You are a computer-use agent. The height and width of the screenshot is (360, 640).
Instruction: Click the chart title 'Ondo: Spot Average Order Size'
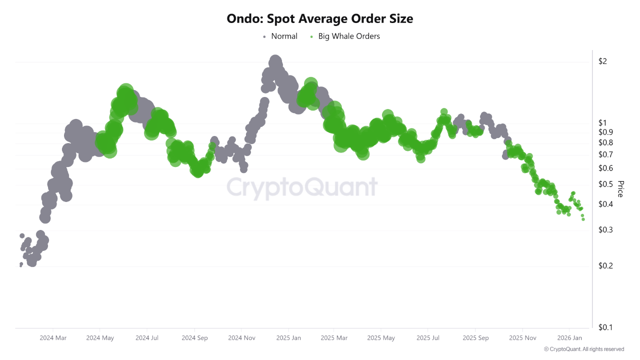tap(320, 19)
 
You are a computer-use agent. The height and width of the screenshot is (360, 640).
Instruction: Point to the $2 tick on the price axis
tap(602, 61)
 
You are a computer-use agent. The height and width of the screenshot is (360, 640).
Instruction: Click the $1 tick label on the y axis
tap(602, 123)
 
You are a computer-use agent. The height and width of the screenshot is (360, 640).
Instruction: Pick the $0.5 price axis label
tap(605, 184)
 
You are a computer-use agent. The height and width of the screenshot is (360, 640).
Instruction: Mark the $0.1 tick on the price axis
tap(605, 327)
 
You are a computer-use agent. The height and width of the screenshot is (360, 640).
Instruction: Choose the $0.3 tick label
tap(605, 230)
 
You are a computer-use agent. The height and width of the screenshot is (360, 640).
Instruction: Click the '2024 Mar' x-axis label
tap(53, 338)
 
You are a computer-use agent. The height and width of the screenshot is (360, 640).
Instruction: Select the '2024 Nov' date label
tap(241, 338)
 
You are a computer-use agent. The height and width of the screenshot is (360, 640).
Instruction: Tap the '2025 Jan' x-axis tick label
tap(288, 338)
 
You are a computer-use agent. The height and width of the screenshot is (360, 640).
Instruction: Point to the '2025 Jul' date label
tap(429, 338)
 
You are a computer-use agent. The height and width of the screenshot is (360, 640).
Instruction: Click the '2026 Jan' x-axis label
tap(570, 338)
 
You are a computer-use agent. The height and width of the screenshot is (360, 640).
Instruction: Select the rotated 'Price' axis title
tap(620, 189)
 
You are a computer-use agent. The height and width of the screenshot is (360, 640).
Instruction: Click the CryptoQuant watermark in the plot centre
tap(302, 187)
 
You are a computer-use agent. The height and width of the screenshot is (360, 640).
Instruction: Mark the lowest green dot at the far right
tap(583, 219)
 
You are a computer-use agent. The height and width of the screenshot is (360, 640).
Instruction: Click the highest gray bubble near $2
tap(274, 61)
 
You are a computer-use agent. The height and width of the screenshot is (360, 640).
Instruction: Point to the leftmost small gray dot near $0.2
tap(21, 265)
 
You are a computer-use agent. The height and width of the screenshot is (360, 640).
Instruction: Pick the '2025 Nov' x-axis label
tap(522, 338)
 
